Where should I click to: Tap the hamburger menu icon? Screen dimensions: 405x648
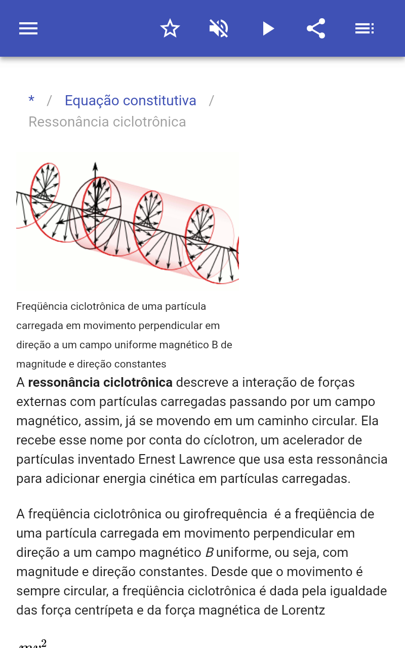pyautogui.click(x=28, y=28)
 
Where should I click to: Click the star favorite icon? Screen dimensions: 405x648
pyautogui.click(x=170, y=28)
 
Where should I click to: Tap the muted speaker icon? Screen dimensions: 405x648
pyautogui.click(x=219, y=28)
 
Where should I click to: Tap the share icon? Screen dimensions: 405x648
pyautogui.click(x=316, y=28)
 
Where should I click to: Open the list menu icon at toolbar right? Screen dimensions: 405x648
pyautogui.click(x=364, y=28)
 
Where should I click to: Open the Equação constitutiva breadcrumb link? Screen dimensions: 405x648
pyautogui.click(x=131, y=101)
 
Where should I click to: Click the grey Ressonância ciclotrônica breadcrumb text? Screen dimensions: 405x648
pyautogui.click(x=107, y=122)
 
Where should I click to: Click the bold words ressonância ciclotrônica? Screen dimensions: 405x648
pyautogui.click(x=100, y=382)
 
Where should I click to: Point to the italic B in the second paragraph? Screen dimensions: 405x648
pyautogui.click(x=210, y=552)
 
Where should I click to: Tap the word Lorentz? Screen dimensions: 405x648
pyautogui.click(x=303, y=611)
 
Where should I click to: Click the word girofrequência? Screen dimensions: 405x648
pyautogui.click(x=225, y=514)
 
